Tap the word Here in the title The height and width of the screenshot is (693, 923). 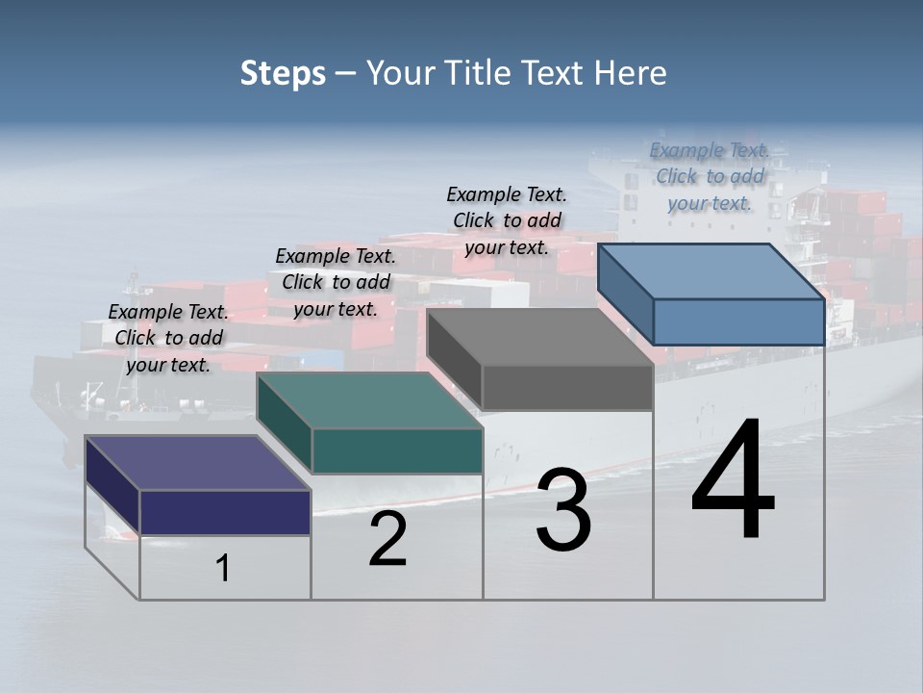(x=632, y=73)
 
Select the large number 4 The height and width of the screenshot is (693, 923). (x=733, y=480)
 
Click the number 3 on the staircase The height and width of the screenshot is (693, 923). (x=563, y=510)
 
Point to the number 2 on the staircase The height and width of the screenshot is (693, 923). (x=387, y=540)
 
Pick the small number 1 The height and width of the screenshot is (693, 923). (x=223, y=569)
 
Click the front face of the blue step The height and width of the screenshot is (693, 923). (x=738, y=321)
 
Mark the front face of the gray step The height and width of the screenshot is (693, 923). (x=567, y=388)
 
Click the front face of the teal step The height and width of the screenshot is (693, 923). (x=396, y=450)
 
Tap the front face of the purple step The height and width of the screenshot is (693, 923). (x=225, y=512)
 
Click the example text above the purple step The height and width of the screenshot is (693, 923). (x=168, y=338)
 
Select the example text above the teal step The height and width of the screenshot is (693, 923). (x=336, y=282)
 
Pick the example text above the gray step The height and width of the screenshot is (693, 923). (x=507, y=220)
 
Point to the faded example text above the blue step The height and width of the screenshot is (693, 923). (x=710, y=176)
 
